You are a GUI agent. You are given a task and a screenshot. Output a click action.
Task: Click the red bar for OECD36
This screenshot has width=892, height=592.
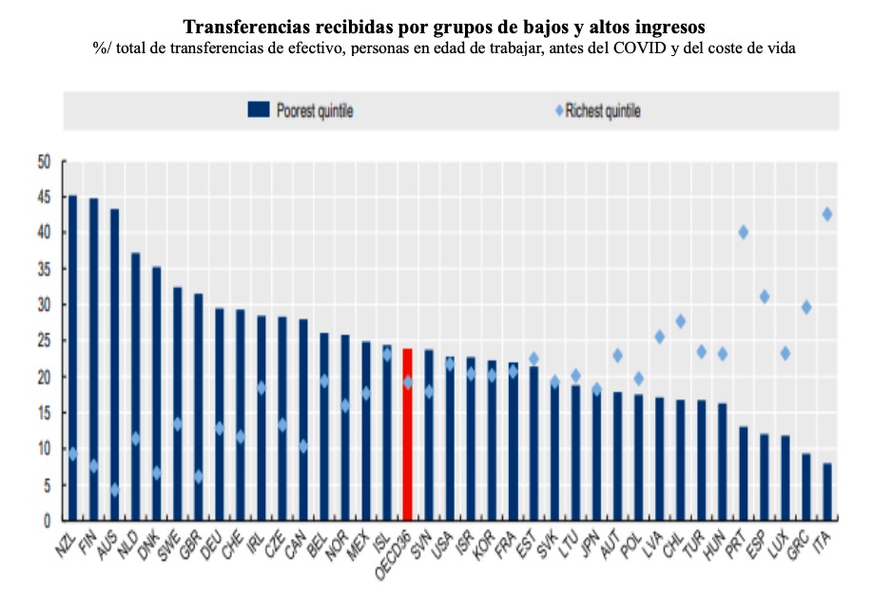coord(407,434)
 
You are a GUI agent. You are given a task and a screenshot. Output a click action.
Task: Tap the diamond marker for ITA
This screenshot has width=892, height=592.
coord(827,215)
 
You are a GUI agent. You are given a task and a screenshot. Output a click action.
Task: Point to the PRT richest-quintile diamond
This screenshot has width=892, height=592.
coord(744,233)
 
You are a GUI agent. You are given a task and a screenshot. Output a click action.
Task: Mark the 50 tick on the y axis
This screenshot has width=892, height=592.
coord(43,162)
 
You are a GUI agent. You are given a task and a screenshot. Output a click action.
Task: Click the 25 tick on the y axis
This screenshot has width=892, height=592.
coord(43,341)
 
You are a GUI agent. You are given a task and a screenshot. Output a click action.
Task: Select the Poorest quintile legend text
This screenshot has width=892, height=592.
coord(315,111)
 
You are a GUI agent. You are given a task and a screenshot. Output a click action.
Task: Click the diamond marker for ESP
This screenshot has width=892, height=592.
coord(765,296)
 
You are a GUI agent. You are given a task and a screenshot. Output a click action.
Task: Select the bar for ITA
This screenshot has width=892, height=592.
coord(827,491)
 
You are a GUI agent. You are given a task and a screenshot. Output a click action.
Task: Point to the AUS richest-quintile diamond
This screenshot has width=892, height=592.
coord(114,489)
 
